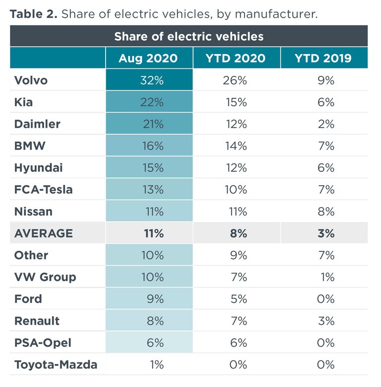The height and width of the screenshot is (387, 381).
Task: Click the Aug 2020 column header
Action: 148,58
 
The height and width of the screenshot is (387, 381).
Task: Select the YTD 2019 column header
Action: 323,58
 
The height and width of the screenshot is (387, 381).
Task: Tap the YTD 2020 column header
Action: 236,58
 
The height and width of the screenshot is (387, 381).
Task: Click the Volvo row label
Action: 31,80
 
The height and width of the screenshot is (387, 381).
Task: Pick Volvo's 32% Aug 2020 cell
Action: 151,80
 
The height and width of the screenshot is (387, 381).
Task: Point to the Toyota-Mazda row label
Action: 56,365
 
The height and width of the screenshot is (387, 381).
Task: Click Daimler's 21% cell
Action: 151,124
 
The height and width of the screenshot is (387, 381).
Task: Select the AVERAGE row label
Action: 44,233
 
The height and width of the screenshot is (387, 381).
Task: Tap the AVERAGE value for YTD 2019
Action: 326,233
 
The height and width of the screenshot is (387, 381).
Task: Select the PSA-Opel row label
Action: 43,343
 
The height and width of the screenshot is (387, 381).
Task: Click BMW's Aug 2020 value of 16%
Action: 151,146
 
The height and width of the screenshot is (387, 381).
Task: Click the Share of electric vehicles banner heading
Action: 189,37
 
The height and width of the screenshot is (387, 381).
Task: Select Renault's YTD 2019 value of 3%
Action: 326,321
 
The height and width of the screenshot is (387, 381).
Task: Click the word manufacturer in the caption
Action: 276,14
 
